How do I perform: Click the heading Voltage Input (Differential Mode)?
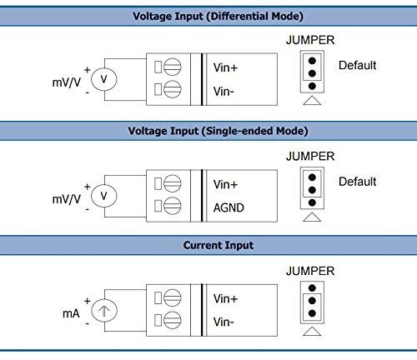coord(208,16)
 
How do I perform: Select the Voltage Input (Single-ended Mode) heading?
coord(208,131)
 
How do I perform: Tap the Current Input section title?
coord(208,246)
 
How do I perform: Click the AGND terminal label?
coord(229,208)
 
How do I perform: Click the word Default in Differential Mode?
coord(357,65)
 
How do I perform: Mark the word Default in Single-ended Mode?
coord(357,182)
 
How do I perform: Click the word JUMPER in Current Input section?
coord(309,271)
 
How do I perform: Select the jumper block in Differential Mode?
coord(309,73)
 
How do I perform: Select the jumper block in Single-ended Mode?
coord(309,188)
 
